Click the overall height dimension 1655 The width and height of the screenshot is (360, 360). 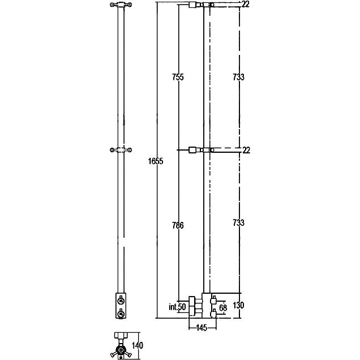(156, 161)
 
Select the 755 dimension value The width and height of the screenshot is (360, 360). (178, 77)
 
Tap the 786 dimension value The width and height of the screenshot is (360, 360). (178, 225)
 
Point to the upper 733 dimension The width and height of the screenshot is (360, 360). (238, 77)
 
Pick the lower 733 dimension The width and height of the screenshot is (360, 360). (238, 222)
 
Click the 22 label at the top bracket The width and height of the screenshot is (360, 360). (246, 4)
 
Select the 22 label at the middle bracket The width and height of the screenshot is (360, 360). (246, 150)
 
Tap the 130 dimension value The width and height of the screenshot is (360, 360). (238, 305)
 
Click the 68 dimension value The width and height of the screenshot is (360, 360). (223, 308)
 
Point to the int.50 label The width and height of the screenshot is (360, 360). (177, 307)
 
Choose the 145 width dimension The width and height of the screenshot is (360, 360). (202, 328)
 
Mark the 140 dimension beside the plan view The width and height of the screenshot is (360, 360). (138, 345)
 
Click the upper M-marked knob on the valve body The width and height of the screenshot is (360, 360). (121, 301)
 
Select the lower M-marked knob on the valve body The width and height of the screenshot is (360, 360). (121, 313)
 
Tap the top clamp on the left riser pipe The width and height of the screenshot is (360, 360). (121, 5)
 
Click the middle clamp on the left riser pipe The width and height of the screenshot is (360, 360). (121, 150)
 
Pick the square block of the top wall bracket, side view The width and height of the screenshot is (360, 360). (192, 5)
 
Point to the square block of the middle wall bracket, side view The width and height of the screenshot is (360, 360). (192, 150)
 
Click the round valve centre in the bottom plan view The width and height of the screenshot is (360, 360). (121, 350)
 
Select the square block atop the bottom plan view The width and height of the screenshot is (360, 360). (121, 335)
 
